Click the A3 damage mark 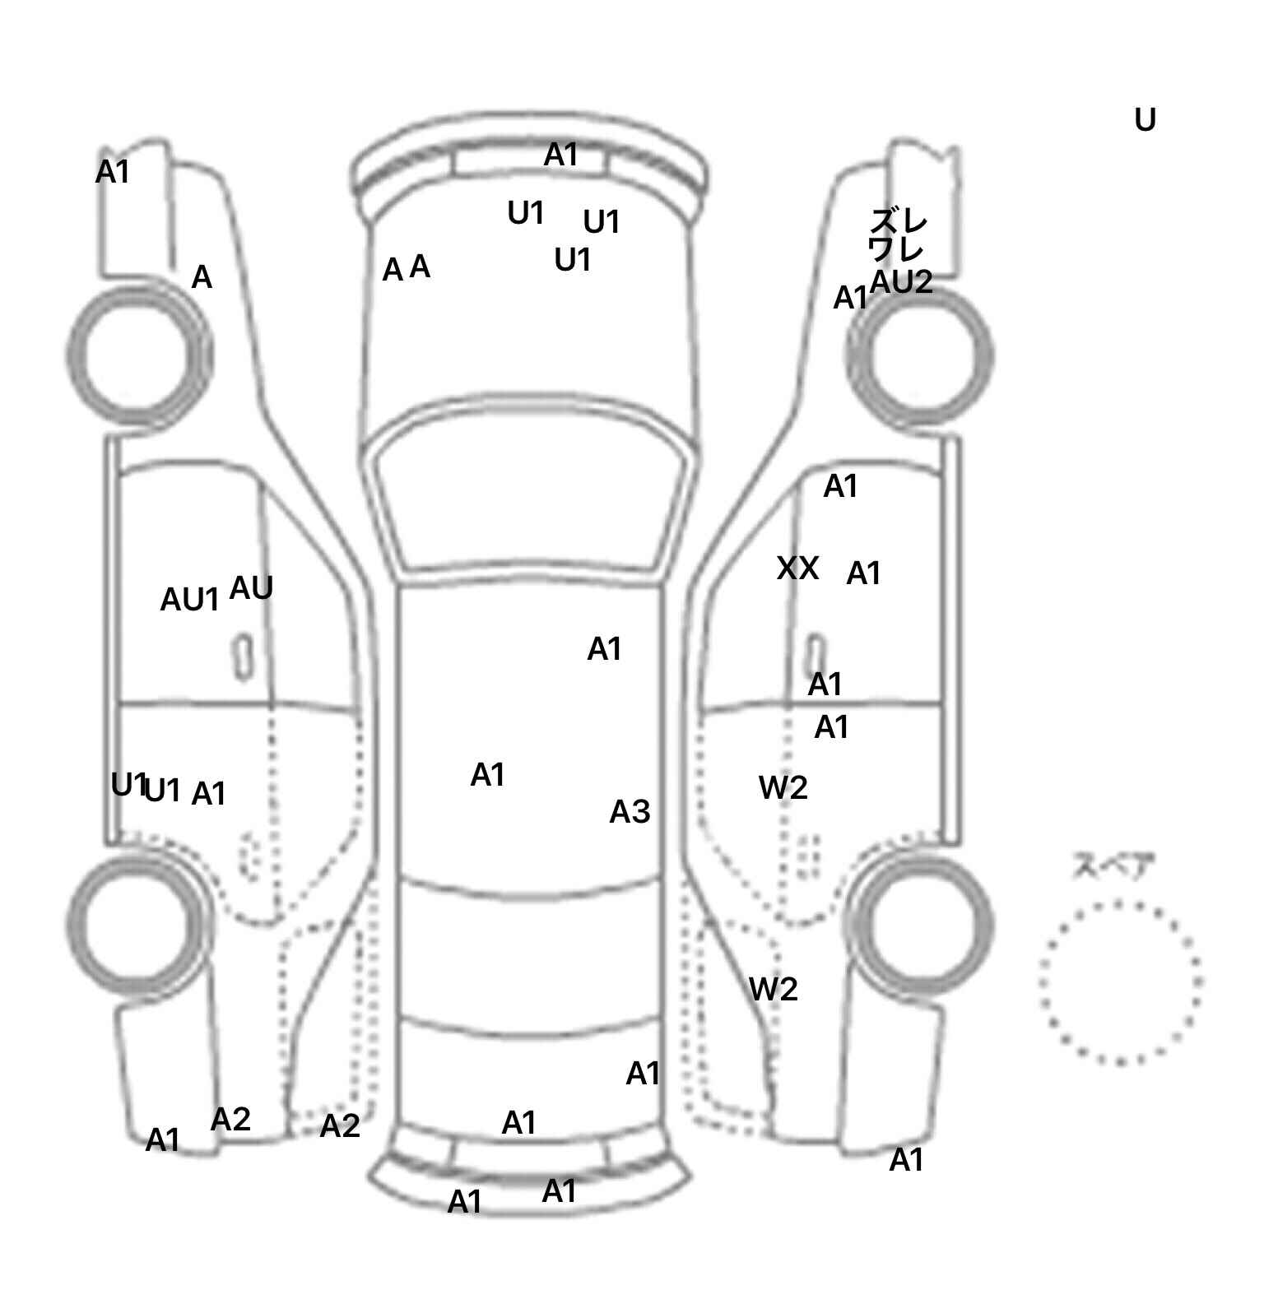[630, 812]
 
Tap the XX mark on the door [797, 568]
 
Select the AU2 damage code [901, 282]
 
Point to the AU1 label [189, 600]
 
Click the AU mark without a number [251, 587]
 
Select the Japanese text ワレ [896, 248]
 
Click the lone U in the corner [1145, 120]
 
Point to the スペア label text [1113, 866]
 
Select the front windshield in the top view [532, 502]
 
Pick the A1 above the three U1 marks [560, 155]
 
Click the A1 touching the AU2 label [850, 298]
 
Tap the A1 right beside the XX [863, 573]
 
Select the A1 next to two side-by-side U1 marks [208, 794]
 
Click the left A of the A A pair [393, 270]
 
